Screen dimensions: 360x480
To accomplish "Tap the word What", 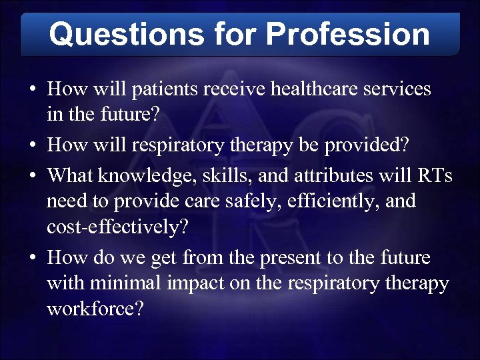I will coord(71,176).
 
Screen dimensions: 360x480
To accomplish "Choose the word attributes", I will coord(315,176).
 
